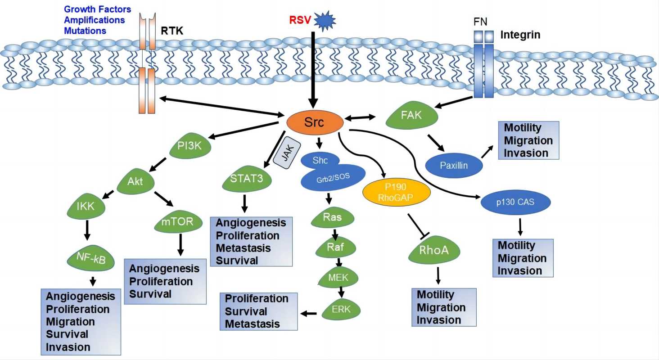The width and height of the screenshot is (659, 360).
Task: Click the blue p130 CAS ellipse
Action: click(515, 202)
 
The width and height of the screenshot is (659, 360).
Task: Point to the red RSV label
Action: click(299, 21)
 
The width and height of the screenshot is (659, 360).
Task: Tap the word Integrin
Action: click(520, 35)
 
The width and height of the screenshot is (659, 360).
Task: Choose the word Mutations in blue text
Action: click(85, 31)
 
